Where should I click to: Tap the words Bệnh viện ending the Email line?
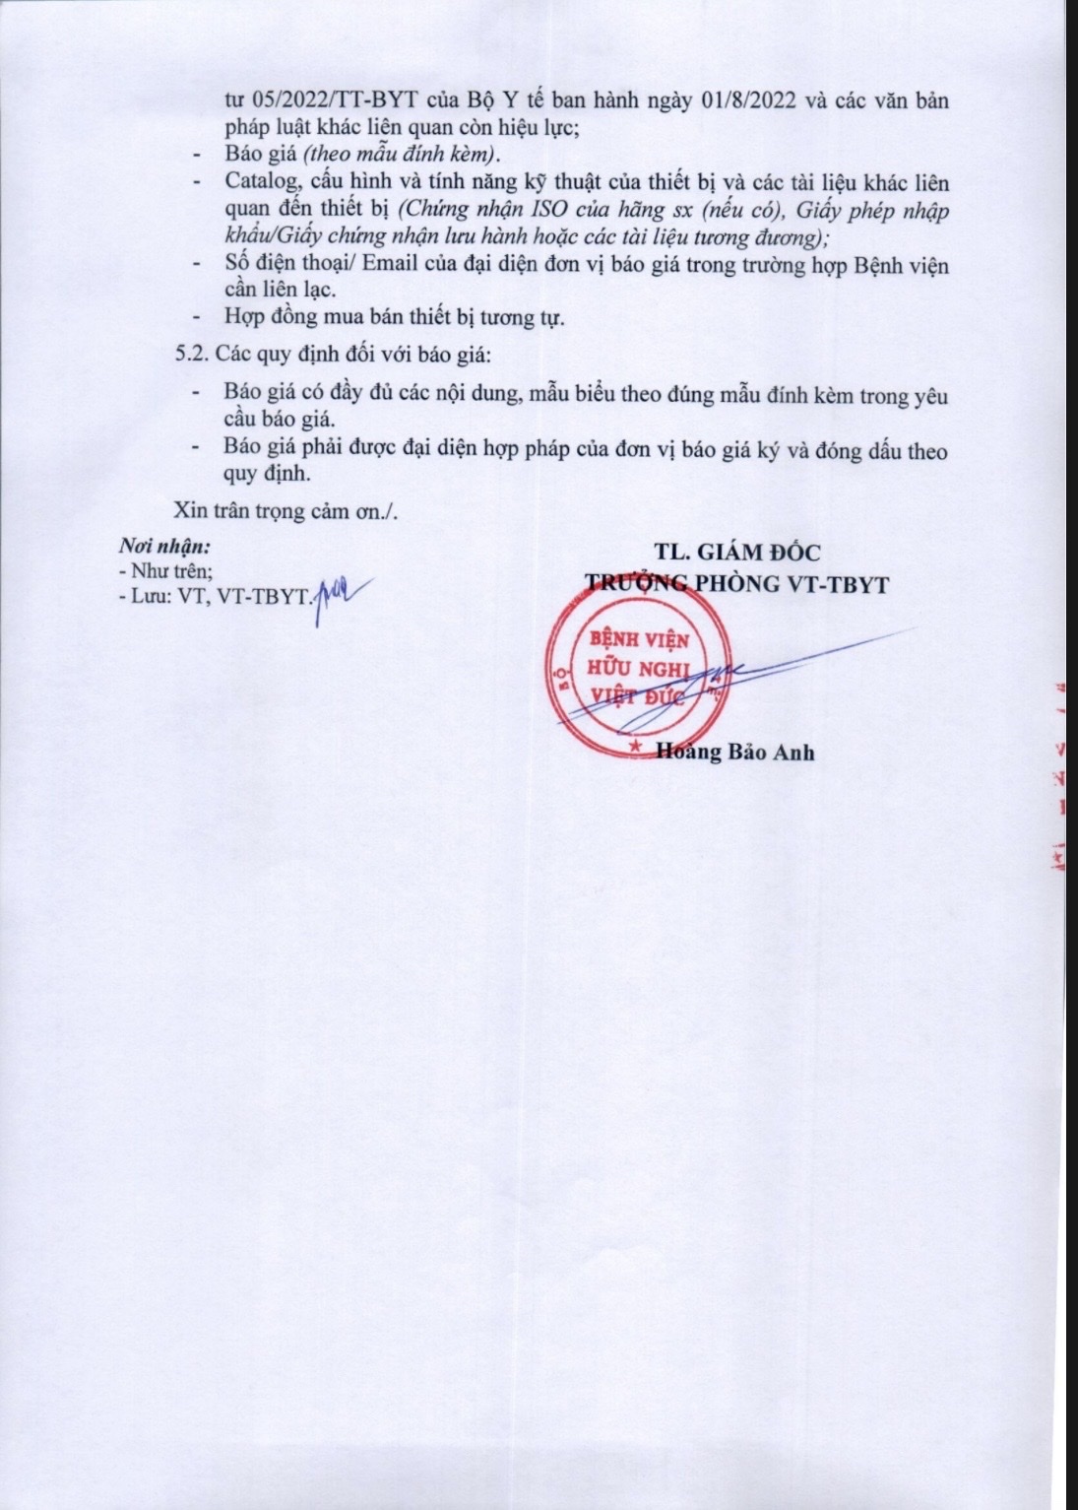coord(899,266)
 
